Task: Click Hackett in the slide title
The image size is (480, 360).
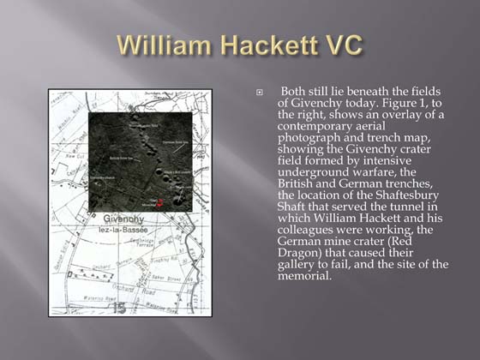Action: pyautogui.click(x=263, y=45)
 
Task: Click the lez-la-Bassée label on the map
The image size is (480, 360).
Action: pyautogui.click(x=117, y=231)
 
